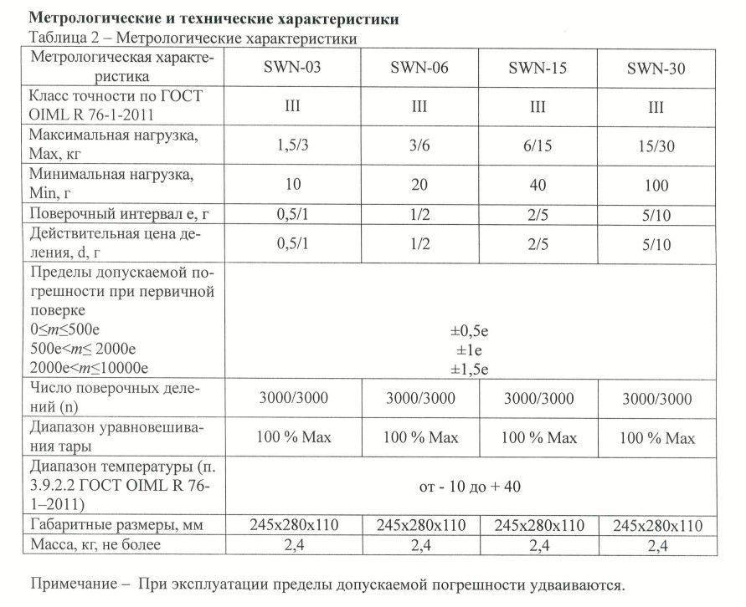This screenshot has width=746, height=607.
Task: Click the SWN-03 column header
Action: click(301, 69)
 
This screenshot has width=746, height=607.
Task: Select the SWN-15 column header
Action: click(538, 69)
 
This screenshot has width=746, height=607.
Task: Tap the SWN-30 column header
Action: click(656, 69)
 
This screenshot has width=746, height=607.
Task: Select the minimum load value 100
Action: click(656, 184)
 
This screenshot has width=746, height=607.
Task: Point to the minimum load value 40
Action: click(538, 184)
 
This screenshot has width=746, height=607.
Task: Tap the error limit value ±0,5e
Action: click(471, 330)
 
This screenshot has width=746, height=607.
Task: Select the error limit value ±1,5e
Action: click(471, 367)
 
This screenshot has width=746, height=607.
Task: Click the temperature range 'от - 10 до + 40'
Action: click(471, 486)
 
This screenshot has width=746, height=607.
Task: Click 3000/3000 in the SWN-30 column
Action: click(656, 398)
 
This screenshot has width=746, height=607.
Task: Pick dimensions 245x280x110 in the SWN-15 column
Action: click(538, 525)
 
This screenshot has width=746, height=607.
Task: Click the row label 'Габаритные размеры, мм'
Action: click(117, 525)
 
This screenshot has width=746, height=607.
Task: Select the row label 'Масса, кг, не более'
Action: click(101, 545)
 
